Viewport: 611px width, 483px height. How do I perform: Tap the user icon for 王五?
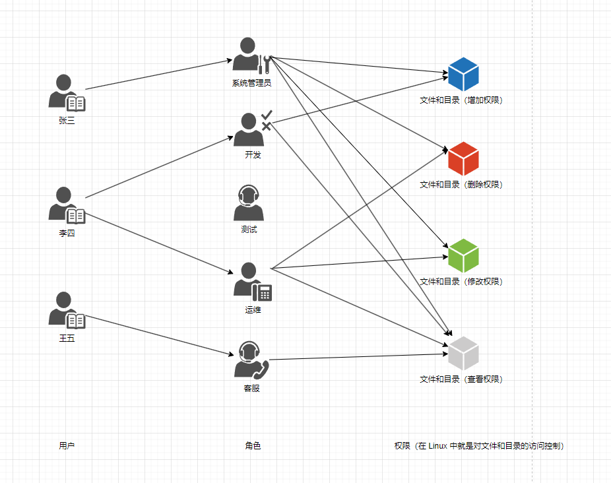(x=65, y=309)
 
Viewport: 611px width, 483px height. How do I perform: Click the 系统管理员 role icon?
(x=251, y=55)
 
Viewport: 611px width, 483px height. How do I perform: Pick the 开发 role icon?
(x=251, y=129)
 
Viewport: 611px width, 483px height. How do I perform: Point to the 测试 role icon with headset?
(x=248, y=203)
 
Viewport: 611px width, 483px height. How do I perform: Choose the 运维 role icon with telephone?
(x=251, y=282)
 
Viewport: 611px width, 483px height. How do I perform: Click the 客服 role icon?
(x=251, y=360)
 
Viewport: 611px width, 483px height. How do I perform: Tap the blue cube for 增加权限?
(x=463, y=74)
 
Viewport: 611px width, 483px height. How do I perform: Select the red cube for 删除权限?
(x=463, y=158)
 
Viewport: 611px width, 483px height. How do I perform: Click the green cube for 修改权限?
(x=463, y=255)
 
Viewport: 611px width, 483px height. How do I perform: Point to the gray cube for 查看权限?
(x=463, y=353)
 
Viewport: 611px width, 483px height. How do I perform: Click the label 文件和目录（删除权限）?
(x=461, y=185)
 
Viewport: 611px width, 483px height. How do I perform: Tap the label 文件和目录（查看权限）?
(x=461, y=379)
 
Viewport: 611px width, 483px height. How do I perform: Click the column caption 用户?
(x=67, y=446)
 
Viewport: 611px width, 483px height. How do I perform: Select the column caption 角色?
(x=253, y=446)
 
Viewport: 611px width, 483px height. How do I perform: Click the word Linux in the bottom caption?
(x=437, y=446)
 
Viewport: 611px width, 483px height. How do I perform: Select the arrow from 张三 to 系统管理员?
(x=158, y=75)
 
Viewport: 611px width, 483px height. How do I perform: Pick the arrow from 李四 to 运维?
(x=158, y=241)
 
